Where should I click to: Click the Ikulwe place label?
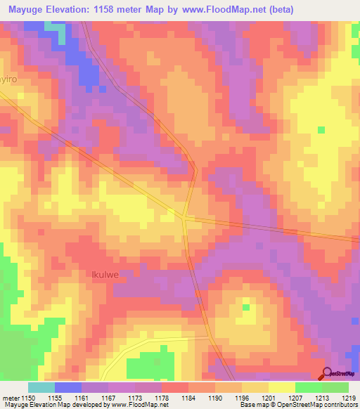(106, 275)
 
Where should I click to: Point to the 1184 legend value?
(188, 397)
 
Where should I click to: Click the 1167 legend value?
(108, 397)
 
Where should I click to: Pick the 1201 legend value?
(269, 397)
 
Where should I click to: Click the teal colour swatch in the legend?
(41, 387)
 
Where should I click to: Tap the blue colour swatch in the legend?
(68, 387)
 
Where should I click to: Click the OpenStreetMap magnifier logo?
(328, 373)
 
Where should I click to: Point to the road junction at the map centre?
(184, 217)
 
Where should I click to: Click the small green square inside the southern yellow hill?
(246, 306)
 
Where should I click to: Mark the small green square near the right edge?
(321, 129)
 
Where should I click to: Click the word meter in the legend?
(10, 397)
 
